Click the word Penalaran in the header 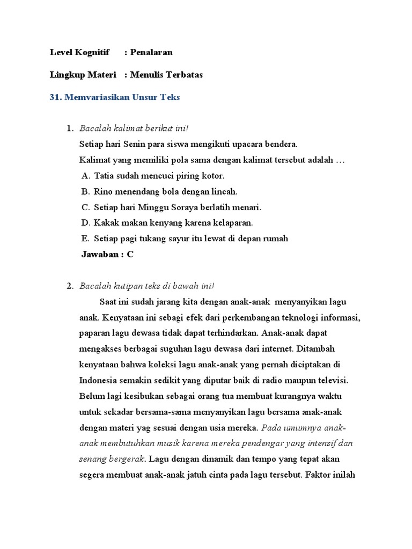(151, 53)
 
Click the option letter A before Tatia (85, 176)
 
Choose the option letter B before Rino (85, 191)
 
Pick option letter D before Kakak (85, 222)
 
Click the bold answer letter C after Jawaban (130, 254)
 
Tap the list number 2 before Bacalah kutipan (70, 286)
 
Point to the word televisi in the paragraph (330, 381)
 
